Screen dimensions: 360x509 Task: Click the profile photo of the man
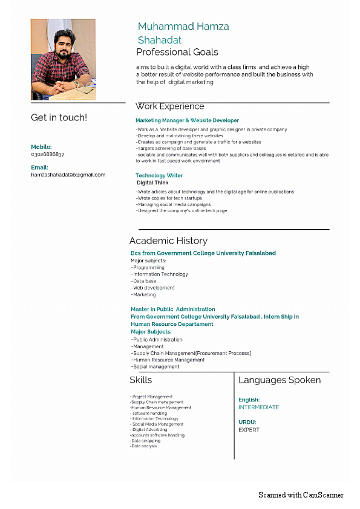[x=63, y=59]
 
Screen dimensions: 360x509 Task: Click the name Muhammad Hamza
[x=183, y=27]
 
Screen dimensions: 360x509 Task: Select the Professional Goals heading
[x=177, y=52]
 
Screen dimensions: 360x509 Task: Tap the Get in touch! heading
[x=59, y=117]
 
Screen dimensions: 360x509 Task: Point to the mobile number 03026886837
[x=47, y=155]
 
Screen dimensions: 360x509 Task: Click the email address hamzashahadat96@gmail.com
[x=68, y=175]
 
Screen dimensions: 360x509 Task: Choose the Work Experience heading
[x=170, y=106]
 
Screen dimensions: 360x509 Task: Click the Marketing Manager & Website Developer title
[x=187, y=120]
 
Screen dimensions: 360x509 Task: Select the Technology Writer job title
[x=159, y=175]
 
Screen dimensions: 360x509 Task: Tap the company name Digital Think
[x=152, y=183]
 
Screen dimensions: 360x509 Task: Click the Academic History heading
[x=168, y=241]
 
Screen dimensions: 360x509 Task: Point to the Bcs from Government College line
[x=203, y=253]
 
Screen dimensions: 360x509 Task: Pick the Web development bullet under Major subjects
[x=154, y=288]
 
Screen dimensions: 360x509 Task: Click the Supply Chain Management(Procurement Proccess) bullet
[x=191, y=353]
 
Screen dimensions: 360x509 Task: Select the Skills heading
[x=141, y=380]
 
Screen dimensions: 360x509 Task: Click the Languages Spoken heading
[x=280, y=380]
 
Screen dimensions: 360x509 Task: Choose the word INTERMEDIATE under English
[x=259, y=407]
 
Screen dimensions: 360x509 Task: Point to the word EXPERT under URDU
[x=249, y=430]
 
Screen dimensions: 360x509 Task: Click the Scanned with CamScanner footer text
[x=301, y=495]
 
